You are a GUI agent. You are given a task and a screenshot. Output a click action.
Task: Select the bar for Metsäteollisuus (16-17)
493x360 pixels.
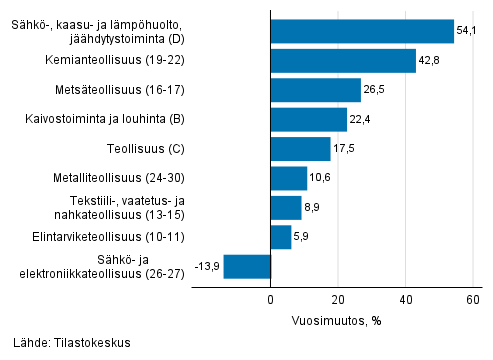tap(316, 90)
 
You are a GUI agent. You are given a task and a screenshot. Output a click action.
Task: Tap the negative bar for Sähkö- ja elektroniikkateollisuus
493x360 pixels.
tap(247, 266)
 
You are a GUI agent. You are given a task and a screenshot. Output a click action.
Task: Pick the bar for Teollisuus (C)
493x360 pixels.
tap(300, 149)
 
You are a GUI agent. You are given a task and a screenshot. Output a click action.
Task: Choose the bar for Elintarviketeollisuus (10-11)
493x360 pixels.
tap(281, 237)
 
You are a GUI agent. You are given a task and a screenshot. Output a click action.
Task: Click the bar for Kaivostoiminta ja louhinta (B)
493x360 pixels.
tap(309, 120)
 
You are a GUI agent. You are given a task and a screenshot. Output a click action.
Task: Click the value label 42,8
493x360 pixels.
tap(430, 61)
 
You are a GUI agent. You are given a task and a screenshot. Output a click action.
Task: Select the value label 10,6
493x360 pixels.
tap(321, 179)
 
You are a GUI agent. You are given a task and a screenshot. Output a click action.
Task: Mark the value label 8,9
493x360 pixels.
tap(313, 208)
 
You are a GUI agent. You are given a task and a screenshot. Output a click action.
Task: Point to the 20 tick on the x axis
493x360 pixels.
tap(338, 299)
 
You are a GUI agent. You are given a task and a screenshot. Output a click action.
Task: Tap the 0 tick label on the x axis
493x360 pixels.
tap(271, 299)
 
